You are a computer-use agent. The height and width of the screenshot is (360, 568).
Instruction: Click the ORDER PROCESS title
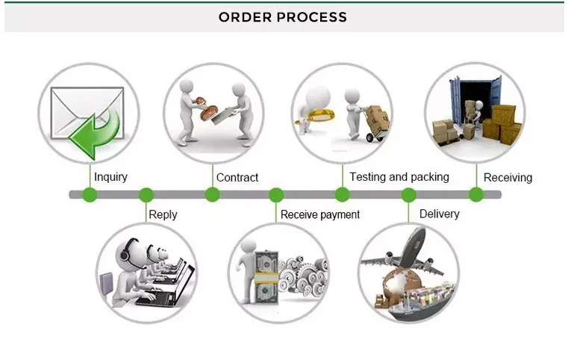(283, 17)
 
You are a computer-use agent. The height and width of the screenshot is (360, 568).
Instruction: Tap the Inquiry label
(111, 177)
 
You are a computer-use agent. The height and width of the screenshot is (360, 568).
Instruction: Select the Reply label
(163, 214)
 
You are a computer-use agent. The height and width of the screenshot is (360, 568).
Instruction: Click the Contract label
(237, 177)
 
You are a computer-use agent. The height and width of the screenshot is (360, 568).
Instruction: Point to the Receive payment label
(320, 214)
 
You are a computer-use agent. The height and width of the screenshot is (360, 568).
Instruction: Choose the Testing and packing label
(399, 177)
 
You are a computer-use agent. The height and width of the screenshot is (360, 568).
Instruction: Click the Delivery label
(440, 214)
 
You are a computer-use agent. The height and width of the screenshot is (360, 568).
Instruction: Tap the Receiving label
(508, 178)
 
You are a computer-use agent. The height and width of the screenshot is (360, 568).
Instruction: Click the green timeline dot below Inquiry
(90, 195)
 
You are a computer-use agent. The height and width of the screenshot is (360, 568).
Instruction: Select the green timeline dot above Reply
(146, 195)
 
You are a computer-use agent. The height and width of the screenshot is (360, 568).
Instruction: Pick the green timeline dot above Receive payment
(276, 195)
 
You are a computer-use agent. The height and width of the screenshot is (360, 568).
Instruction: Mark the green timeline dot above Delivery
(408, 195)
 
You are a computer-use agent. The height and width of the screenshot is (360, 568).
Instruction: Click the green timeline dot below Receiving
(476, 195)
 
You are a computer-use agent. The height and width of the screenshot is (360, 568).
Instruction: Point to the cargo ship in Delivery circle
(422, 301)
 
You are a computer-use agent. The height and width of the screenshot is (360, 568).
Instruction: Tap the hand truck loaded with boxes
(375, 123)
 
